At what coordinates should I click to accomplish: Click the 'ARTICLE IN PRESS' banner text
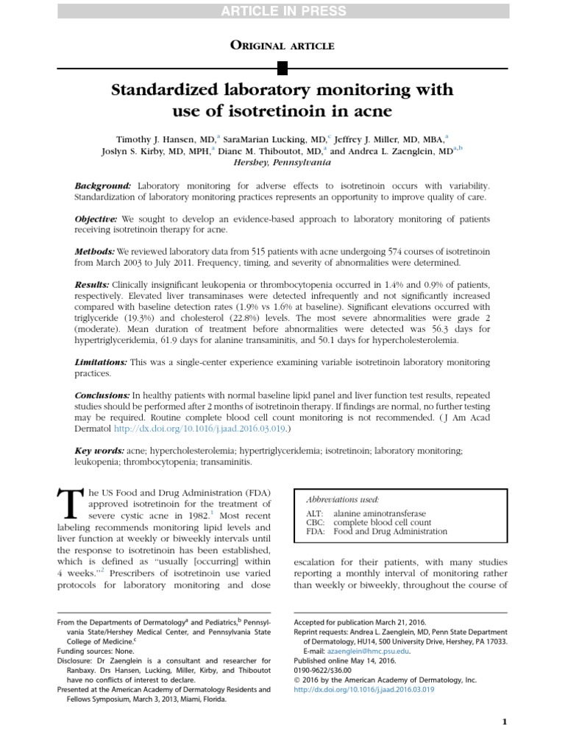click(282, 10)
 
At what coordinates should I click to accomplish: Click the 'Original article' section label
click(282, 46)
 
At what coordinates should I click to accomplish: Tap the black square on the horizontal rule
click(282, 69)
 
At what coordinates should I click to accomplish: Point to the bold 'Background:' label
click(103, 186)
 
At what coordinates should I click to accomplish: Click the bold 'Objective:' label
click(96, 219)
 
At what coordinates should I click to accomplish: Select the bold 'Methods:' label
click(95, 251)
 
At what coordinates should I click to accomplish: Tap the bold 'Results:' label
click(92, 284)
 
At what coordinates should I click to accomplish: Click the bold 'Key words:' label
click(99, 450)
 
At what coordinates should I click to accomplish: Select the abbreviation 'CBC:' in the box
click(314, 521)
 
